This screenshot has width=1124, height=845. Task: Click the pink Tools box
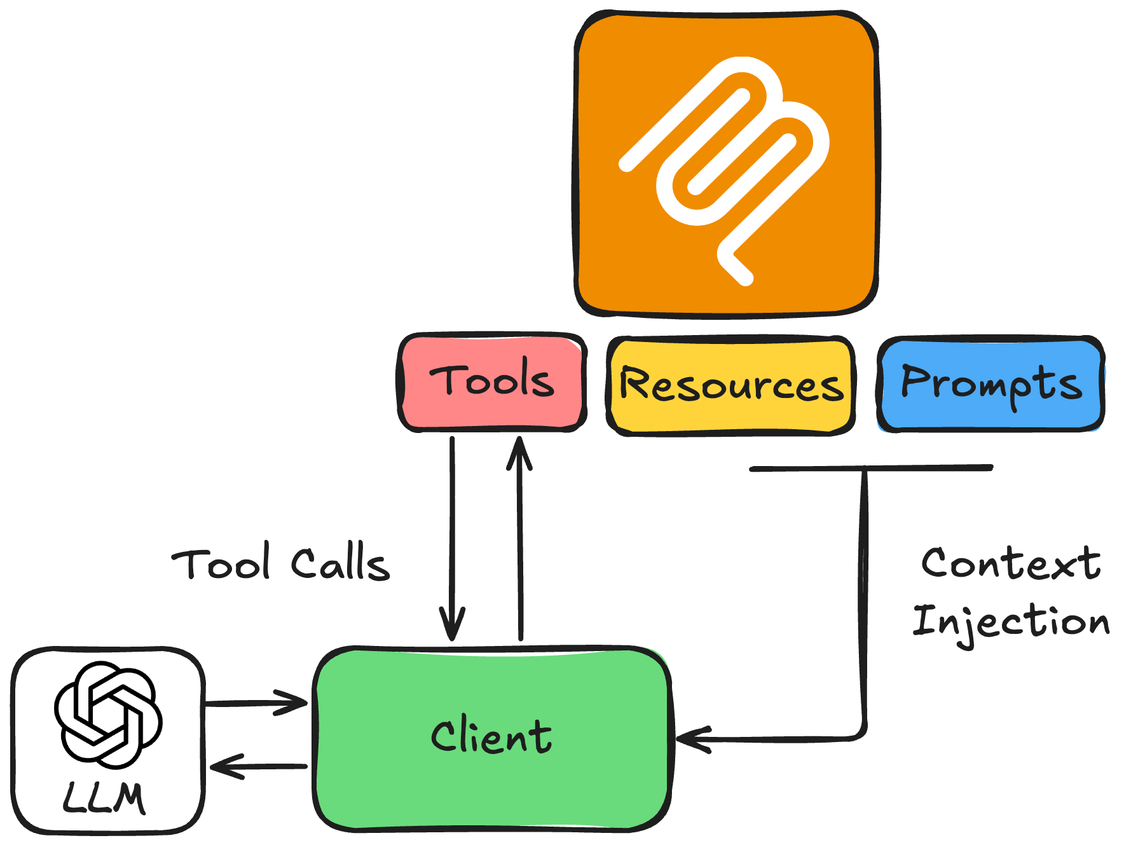coord(491,382)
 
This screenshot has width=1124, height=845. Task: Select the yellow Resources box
coord(730,385)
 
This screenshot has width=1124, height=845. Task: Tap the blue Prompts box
coord(990,383)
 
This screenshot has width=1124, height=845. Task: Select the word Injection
coord(1011,622)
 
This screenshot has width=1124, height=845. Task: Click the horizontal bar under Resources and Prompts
coord(871,469)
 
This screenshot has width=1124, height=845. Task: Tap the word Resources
coord(731,385)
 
